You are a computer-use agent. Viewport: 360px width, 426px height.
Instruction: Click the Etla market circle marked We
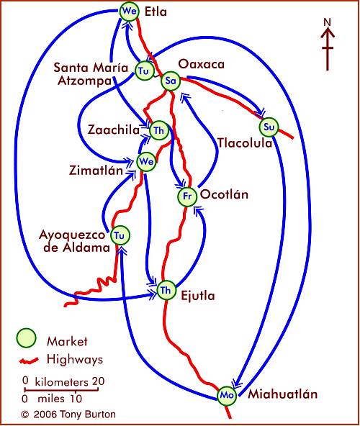pos(130,11)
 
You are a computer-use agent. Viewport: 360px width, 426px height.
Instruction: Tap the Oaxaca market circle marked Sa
pos(171,81)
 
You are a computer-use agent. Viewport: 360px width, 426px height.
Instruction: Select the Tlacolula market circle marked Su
pos(269,127)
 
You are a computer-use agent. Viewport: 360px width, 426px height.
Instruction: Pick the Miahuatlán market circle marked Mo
pos(227,395)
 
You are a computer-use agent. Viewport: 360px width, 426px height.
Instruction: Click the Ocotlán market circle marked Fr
pos(187,196)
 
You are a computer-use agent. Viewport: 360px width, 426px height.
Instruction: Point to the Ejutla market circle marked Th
pos(166,290)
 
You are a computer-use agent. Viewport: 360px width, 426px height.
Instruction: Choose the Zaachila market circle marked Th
pos(159,130)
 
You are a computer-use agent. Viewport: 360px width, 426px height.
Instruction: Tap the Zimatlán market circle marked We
pos(146,162)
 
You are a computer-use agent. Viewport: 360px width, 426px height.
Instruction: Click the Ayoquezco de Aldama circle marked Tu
pos(120,235)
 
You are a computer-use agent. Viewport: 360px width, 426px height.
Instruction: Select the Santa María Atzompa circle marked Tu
pos(144,71)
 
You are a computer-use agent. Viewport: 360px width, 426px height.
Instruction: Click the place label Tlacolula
pos(245,143)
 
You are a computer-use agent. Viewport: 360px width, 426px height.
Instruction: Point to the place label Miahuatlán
pos(282,394)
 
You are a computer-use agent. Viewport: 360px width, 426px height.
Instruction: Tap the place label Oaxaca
pos(202,64)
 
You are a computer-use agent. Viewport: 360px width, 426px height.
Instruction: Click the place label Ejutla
pos(198,296)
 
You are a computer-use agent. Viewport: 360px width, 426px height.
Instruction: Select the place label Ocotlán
pos(225,194)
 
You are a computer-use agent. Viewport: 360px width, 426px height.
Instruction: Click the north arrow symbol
pos(328,45)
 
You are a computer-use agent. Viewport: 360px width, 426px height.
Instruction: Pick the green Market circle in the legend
pos(26,338)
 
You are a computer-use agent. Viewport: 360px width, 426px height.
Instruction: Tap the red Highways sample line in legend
pos(29,361)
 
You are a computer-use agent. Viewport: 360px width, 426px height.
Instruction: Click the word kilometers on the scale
pos(61,382)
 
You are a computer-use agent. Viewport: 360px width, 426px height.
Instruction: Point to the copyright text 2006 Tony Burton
pos(75,414)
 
